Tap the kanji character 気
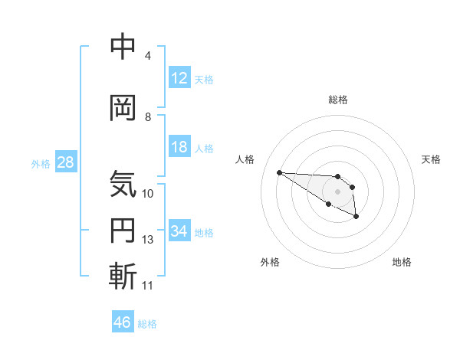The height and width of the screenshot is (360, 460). tap(123, 184)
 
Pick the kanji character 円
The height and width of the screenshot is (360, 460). tap(123, 231)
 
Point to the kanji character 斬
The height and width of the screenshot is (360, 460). tap(123, 276)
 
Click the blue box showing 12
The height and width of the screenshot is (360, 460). tap(179, 78)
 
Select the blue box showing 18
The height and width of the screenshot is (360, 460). tap(179, 147)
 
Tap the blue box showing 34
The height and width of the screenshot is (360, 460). tap(179, 231)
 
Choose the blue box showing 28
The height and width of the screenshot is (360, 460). tap(65, 162)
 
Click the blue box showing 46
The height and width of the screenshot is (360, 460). tap(123, 322)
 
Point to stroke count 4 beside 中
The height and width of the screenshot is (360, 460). tap(147, 56)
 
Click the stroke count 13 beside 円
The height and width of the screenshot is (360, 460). tap(148, 241)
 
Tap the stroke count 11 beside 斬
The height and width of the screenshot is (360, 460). tap(148, 286)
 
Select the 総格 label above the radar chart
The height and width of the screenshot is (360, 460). tap(338, 100)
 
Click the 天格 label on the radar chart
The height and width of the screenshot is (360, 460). tap(432, 159)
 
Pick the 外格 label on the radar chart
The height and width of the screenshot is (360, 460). tap(270, 262)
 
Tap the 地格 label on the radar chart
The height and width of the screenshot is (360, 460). tap(402, 262)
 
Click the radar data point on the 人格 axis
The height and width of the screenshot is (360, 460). tap(279, 172)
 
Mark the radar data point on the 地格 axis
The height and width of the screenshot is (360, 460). tap(356, 218)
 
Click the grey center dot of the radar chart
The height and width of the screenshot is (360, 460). tap(338, 191)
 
